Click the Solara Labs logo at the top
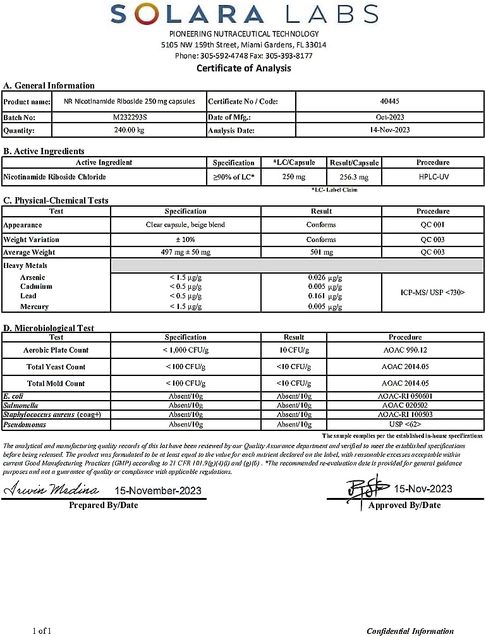tap(243, 14)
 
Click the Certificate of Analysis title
tap(243, 68)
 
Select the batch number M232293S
tap(128, 118)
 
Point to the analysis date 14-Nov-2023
tap(389, 130)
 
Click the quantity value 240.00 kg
tap(128, 130)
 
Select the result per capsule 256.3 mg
tap(353, 178)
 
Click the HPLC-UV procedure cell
tap(433, 178)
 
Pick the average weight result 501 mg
tap(320, 252)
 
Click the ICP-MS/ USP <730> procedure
tap(433, 292)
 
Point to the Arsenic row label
tap(33, 277)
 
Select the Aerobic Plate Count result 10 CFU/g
tap(294, 350)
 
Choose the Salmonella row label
tap(21, 405)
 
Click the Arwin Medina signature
tap(52, 490)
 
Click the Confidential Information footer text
tap(410, 631)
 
